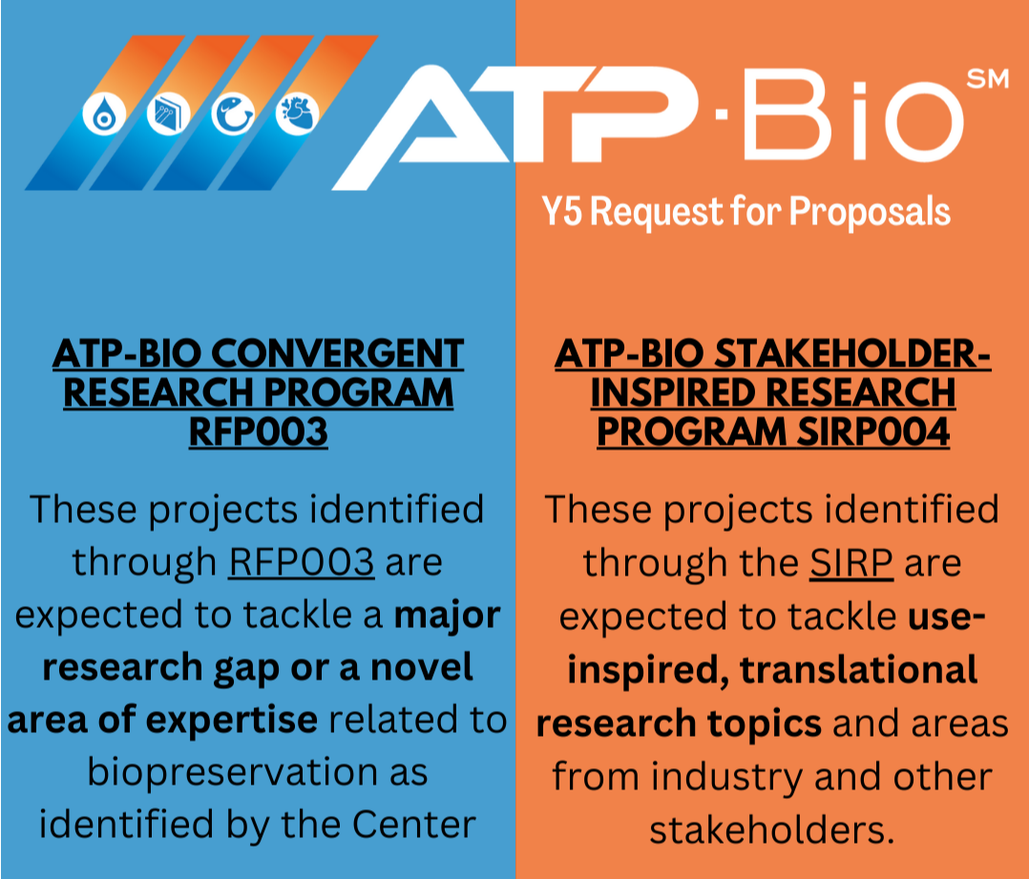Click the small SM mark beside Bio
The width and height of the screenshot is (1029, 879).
987,81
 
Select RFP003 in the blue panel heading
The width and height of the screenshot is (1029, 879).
258,432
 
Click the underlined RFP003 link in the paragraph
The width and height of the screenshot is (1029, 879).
301,562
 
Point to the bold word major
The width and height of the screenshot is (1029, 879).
448,616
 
